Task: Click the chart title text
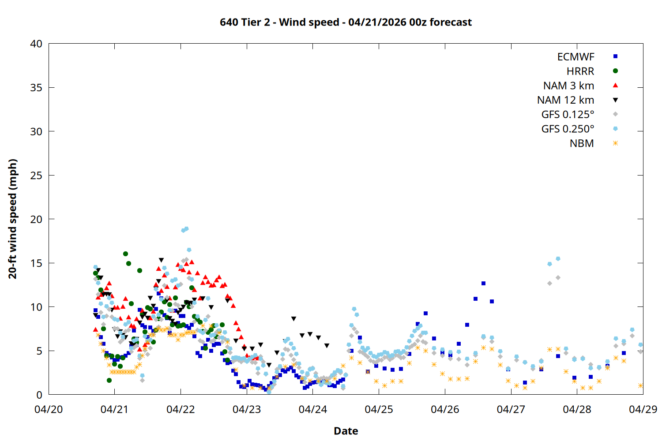(346, 22)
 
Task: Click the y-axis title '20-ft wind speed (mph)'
(13, 219)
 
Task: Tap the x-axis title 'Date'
(346, 431)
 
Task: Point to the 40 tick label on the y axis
(36, 44)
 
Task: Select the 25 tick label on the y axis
(36, 176)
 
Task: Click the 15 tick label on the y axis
(36, 263)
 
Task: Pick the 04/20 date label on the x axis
(49, 409)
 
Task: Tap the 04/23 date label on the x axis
(247, 409)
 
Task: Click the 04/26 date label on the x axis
(445, 409)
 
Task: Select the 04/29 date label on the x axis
(643, 409)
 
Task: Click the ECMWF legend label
(575, 57)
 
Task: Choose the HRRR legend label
(580, 71)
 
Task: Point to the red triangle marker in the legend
(615, 85)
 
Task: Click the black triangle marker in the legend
(615, 100)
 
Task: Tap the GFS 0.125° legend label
(568, 115)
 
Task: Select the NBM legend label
(582, 143)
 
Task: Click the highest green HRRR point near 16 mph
(125, 254)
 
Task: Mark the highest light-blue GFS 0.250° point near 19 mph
(186, 229)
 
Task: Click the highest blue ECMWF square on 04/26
(483, 283)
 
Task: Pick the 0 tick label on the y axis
(39, 395)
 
